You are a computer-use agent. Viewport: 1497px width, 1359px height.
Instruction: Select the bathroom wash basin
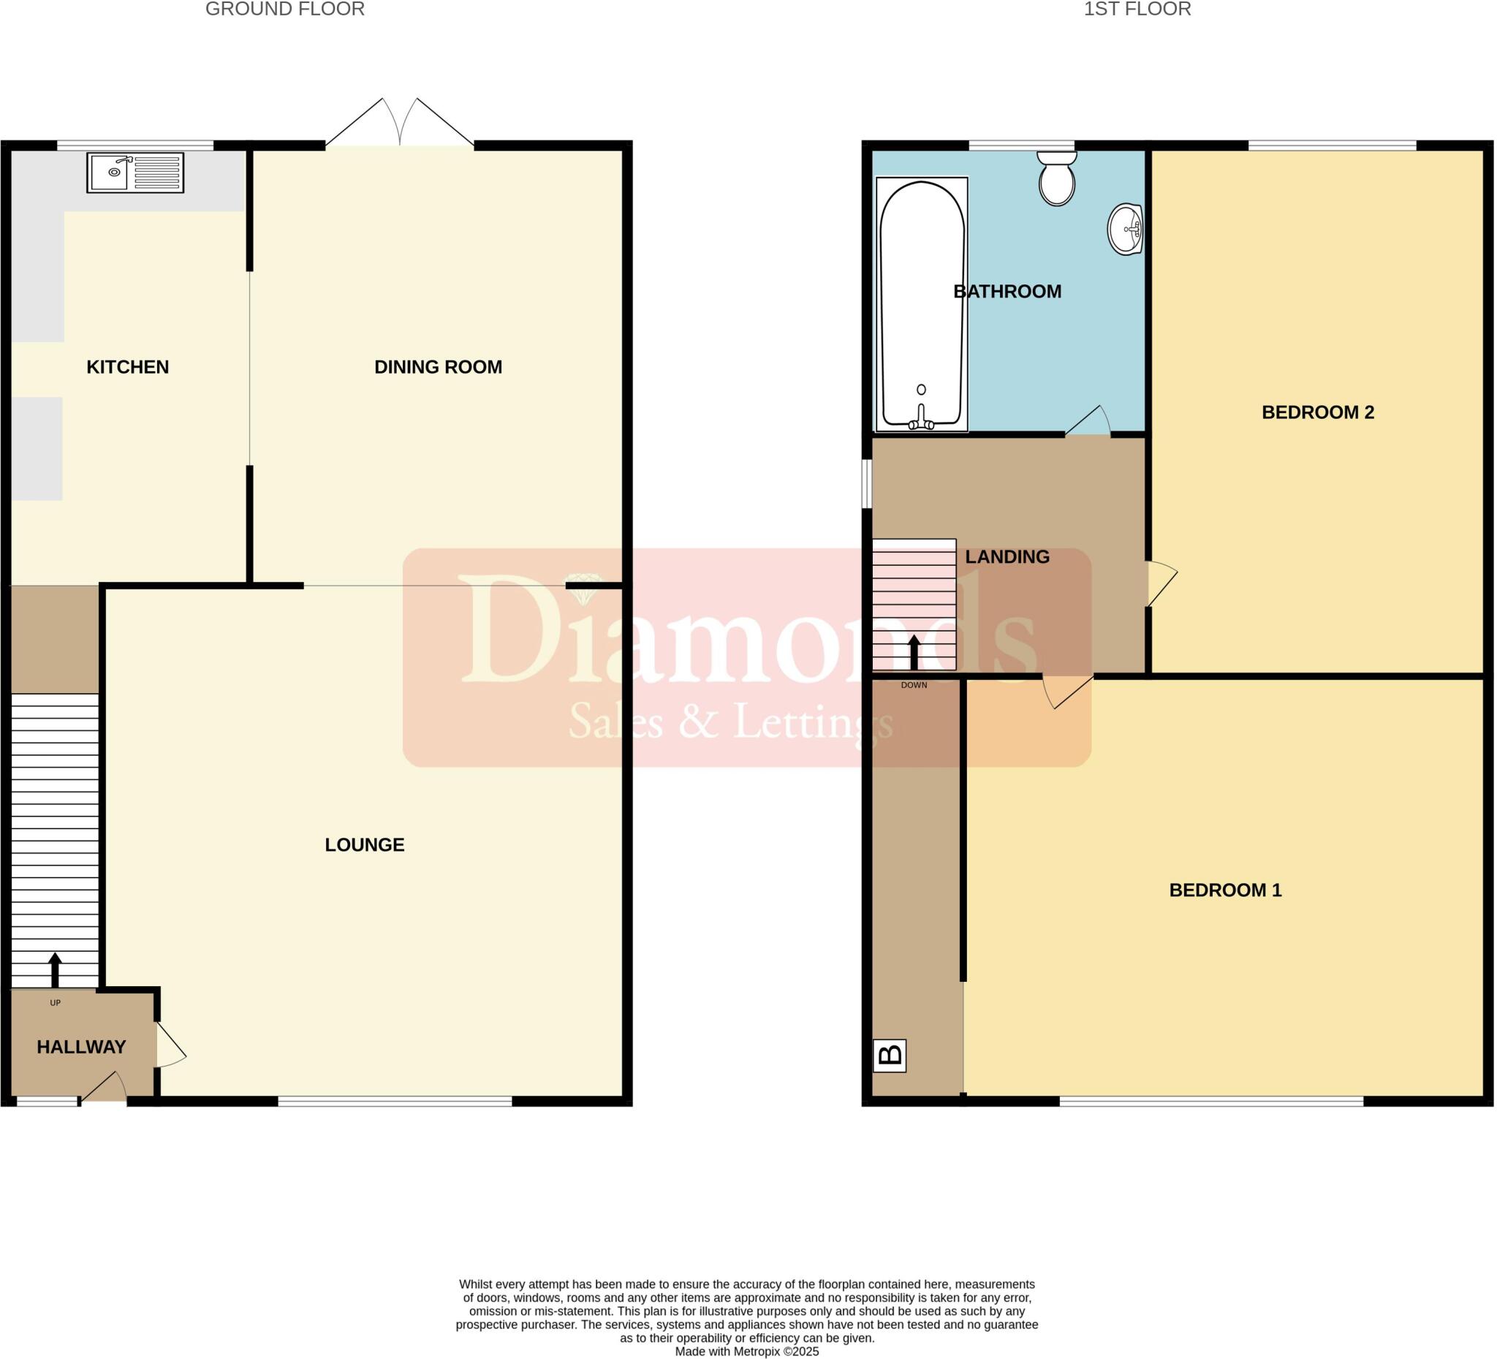point(1125,230)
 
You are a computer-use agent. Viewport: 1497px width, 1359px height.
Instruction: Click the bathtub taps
point(922,420)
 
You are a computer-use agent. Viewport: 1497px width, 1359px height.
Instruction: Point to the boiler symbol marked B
point(890,1056)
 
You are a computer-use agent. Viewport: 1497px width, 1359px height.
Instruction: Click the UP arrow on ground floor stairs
point(55,969)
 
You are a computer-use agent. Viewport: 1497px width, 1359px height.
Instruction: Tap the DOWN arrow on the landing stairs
point(914,652)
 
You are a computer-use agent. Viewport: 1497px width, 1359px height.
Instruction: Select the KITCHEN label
point(128,367)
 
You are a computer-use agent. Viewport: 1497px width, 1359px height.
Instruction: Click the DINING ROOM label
point(438,367)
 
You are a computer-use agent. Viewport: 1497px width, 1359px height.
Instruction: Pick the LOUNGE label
point(365,844)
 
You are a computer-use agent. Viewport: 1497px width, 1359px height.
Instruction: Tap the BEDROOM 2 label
point(1318,412)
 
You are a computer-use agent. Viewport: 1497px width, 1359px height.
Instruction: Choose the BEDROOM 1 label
point(1225,890)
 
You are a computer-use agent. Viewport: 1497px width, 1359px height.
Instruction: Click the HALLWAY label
point(82,1047)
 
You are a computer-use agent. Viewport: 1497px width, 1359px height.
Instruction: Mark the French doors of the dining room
point(401,124)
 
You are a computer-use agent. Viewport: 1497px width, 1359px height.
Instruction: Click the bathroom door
point(1089,422)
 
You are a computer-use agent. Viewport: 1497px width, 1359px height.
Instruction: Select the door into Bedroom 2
point(1161,583)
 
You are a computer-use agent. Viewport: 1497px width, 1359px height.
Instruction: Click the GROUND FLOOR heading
point(285,10)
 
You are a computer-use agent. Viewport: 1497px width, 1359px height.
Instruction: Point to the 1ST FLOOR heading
point(1137,10)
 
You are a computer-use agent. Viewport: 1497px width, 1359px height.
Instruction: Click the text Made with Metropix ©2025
point(747,1352)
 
